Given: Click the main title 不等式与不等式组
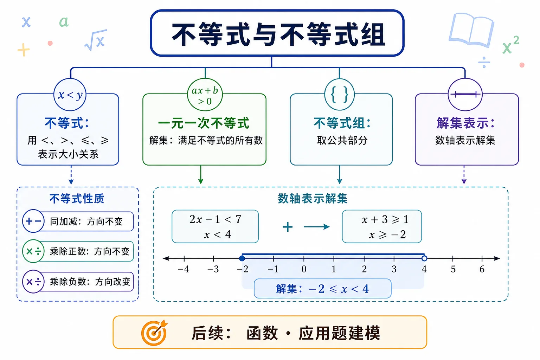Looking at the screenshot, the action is pyautogui.click(x=278, y=34).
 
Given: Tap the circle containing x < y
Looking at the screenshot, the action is pyautogui.click(x=70, y=95).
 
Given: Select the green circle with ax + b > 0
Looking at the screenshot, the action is pyautogui.click(x=205, y=95).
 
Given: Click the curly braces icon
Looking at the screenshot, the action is pyautogui.click(x=339, y=95).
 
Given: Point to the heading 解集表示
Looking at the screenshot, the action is pyautogui.click(x=465, y=123).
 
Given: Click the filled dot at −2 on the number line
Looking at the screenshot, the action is pyautogui.click(x=242, y=258).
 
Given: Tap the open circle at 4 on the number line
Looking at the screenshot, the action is pyautogui.click(x=424, y=258).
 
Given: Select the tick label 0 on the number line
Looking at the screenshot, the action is pyautogui.click(x=304, y=269).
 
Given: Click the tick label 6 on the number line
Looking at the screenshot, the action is pyautogui.click(x=482, y=269).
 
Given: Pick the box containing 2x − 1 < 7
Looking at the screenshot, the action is pyautogui.click(x=215, y=226).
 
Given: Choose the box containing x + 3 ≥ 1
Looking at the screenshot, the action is pyautogui.click(x=382, y=226).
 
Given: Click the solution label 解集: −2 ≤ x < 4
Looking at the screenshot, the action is pyautogui.click(x=322, y=289).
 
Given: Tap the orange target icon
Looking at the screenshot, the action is pyautogui.click(x=154, y=333).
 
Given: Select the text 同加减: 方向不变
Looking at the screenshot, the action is pyautogui.click(x=86, y=221).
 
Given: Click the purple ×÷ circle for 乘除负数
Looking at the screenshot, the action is pyautogui.click(x=33, y=281).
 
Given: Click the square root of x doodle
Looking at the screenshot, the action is pyautogui.click(x=96, y=40).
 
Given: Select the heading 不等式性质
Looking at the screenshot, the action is pyautogui.click(x=77, y=199).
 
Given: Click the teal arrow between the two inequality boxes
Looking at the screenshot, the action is pyautogui.click(x=316, y=227).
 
